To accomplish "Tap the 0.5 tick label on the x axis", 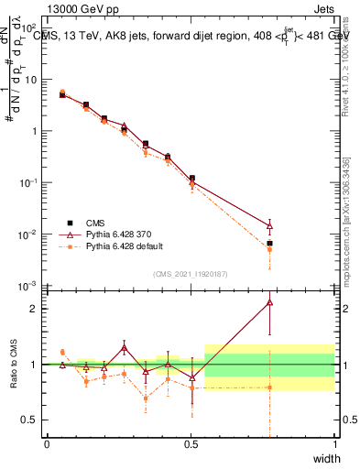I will pos(190,443).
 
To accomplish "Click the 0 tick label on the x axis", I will pos(47,443).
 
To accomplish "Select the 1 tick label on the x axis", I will pos(334,443).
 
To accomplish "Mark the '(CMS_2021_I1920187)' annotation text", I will pos(190,274).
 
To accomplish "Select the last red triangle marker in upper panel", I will pos(269,224).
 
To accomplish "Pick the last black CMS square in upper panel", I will pos(269,244).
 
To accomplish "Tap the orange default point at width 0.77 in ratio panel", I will pos(269,387).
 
